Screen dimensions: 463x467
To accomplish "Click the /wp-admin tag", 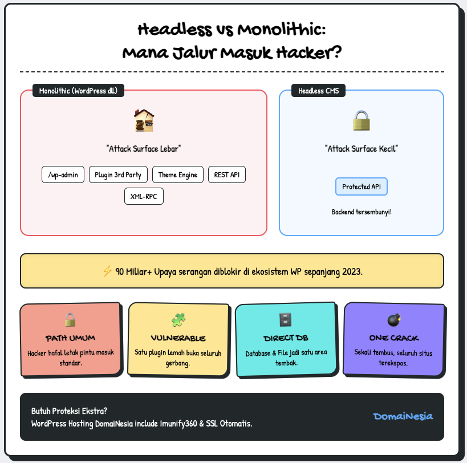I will point(63,174).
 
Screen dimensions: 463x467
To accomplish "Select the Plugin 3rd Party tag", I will point(119,174).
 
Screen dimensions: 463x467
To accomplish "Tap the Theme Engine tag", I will point(178,174).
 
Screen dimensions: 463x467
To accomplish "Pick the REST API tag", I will point(227,174).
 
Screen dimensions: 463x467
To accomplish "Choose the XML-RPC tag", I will point(144,196).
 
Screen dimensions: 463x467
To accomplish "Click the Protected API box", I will point(362,186).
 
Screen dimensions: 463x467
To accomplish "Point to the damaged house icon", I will point(144,120).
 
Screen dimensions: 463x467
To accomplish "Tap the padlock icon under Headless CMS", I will point(362,120).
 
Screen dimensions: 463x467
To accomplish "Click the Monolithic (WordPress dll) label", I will point(78,91).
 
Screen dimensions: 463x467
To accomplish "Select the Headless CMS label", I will point(318,91).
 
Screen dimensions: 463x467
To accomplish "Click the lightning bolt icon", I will point(107,271).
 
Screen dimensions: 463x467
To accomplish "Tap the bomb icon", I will point(394,319).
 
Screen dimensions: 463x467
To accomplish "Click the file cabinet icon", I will point(286,320).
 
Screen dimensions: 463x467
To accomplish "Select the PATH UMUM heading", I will point(71,338).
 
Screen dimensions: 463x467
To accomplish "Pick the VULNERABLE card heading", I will point(178,338).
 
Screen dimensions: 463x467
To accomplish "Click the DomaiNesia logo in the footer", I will point(403,416).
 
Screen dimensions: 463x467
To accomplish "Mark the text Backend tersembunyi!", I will point(362,212).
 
